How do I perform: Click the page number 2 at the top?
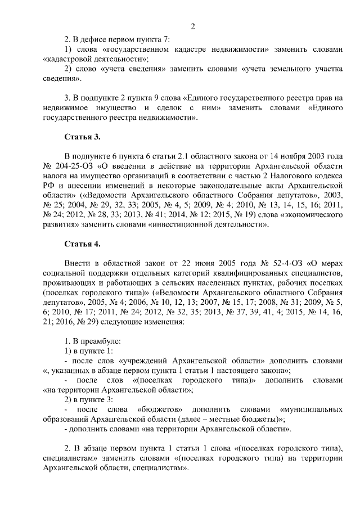pyautogui.click(x=192, y=26)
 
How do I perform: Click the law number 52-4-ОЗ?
pyautogui.click(x=277, y=263)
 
